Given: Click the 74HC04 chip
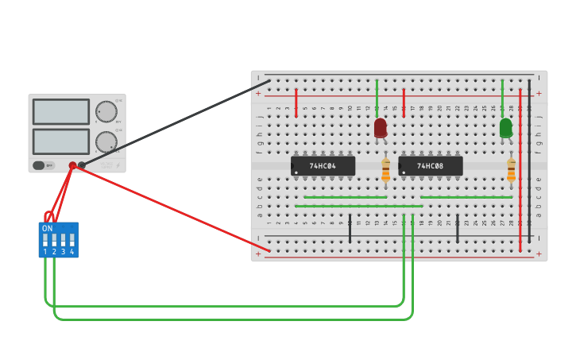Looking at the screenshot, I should coord(323,166).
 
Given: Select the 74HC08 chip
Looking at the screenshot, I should coord(430,166).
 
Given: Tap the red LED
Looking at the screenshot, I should coord(381,127).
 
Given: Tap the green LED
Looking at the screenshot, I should coord(506,127).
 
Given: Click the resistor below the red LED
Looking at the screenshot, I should coord(386,169).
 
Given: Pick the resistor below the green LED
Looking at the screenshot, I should coord(511,169).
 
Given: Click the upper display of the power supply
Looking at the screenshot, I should coord(61,111).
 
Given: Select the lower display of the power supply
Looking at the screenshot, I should coord(61,141).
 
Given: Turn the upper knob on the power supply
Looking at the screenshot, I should coord(106,111).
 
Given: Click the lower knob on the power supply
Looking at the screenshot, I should coord(106,141).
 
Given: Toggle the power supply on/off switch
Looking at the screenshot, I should coord(39,165).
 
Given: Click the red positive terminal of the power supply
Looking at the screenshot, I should coord(72,165).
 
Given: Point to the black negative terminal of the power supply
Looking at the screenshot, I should coord(82,165).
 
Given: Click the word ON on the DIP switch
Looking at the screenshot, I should coord(47,228).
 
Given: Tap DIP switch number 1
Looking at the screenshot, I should coord(45,239).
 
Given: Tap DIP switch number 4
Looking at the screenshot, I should coord(72,239).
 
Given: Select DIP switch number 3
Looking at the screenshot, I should coord(64,239).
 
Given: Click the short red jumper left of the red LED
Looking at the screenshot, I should coord(296,103).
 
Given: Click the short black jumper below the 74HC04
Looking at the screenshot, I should coord(350,228).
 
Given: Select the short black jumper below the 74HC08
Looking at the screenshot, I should coord(457,228).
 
